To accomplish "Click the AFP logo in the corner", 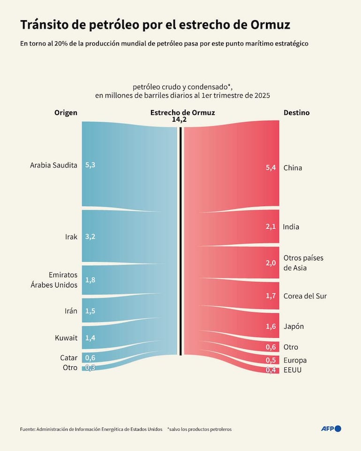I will click(331, 429).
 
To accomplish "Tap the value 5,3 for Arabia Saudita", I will click(90, 165).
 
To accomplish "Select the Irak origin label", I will click(71, 237).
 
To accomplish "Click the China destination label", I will click(293, 168).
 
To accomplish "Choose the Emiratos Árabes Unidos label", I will click(63, 280).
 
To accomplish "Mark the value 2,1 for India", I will click(271, 227).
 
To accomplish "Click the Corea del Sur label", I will click(305, 296).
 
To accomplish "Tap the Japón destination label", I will click(293, 326).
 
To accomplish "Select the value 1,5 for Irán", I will click(90, 311).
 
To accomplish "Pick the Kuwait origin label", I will click(66, 337).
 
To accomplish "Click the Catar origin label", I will click(68, 358).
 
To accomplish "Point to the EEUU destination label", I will click(293, 370).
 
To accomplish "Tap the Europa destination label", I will click(295, 360).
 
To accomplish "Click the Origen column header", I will click(66, 112).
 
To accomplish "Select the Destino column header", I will click(296, 112).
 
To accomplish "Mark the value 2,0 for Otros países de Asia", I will click(271, 263).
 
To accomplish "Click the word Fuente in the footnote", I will click(27, 429).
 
